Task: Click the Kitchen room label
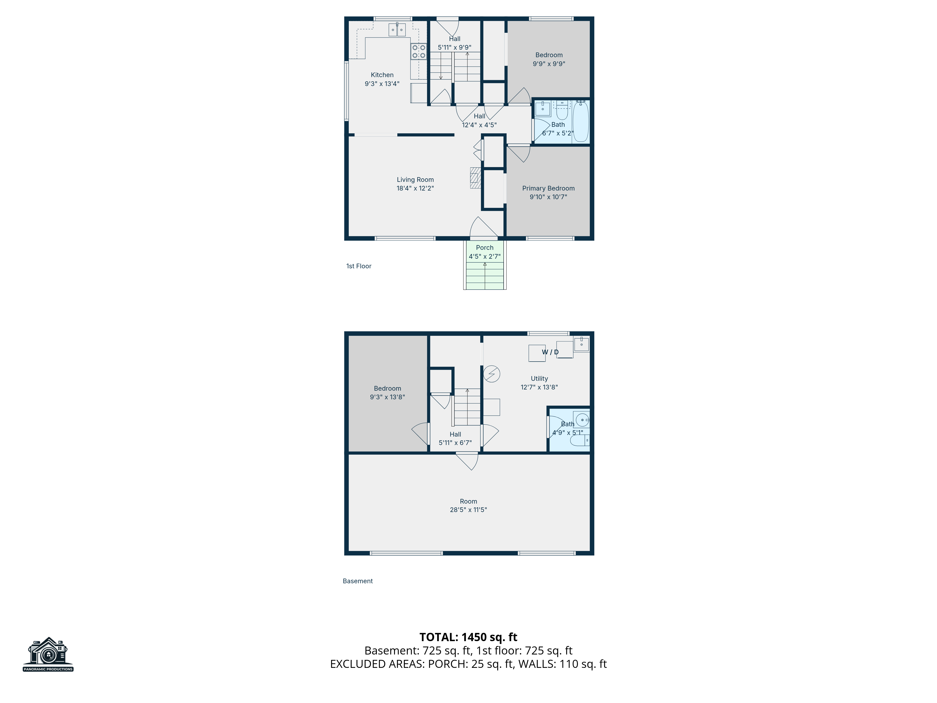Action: [382, 75]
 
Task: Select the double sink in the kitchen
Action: [397, 30]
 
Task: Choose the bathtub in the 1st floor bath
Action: [581, 122]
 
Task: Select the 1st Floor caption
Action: [359, 266]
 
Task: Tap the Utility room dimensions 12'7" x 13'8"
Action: [539, 387]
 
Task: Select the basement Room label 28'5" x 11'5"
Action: [468, 505]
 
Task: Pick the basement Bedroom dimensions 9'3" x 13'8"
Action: [387, 397]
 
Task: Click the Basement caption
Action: [357, 581]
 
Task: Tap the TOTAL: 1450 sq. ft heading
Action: [468, 637]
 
